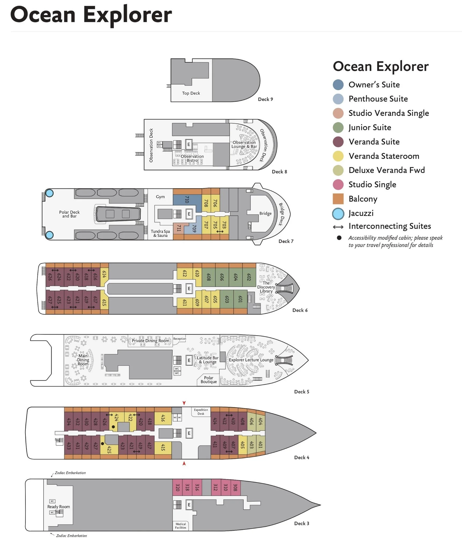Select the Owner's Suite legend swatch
click(x=338, y=85)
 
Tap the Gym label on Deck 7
click(x=160, y=197)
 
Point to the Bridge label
click(x=265, y=214)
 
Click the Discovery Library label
click(x=266, y=287)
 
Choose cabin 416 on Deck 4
click(x=163, y=418)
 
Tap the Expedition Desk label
click(x=201, y=412)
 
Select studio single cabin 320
click(x=177, y=487)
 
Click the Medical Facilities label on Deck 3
click(x=181, y=526)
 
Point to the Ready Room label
click(x=59, y=507)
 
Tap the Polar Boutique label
click(x=209, y=380)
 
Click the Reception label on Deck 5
click(x=180, y=339)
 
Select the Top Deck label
click(x=191, y=93)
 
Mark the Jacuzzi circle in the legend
click(x=338, y=214)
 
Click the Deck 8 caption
click(x=279, y=172)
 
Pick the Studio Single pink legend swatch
click(x=338, y=184)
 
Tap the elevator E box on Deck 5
click(x=189, y=360)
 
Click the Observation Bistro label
click(x=192, y=158)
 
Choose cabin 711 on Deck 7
click(x=179, y=228)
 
